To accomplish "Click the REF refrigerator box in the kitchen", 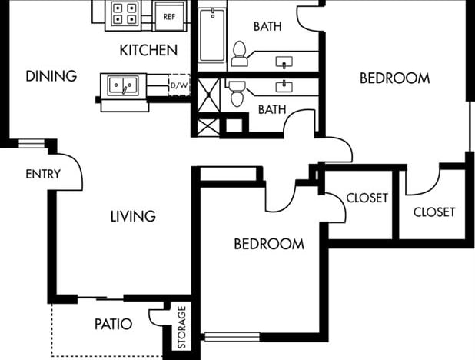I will [170, 15].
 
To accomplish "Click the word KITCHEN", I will [149, 51].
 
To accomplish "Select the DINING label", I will [51, 76].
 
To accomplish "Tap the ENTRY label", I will [43, 175].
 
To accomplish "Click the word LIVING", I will [133, 216].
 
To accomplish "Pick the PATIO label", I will [113, 324].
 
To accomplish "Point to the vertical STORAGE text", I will [182, 328].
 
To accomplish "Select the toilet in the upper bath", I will [239, 52].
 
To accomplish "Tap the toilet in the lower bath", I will [237, 92].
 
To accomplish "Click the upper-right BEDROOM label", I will [394, 78].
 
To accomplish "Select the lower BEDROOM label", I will [269, 245].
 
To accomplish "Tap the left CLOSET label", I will [367, 198].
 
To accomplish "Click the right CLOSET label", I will [434, 212].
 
